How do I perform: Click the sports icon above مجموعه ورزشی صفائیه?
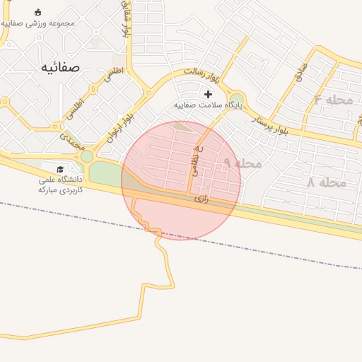click(x=37, y=12)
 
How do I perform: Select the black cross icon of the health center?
click(x=208, y=94)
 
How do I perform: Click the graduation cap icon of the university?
click(x=60, y=170)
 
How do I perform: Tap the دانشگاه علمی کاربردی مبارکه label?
click(x=61, y=185)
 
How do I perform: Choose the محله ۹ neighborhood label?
click(x=243, y=163)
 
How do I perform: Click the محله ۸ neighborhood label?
click(x=326, y=182)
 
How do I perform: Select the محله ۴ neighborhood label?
click(x=333, y=100)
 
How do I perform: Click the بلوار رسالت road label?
click(x=204, y=71)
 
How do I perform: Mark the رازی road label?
click(x=202, y=200)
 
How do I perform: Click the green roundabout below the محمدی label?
click(x=87, y=156)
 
